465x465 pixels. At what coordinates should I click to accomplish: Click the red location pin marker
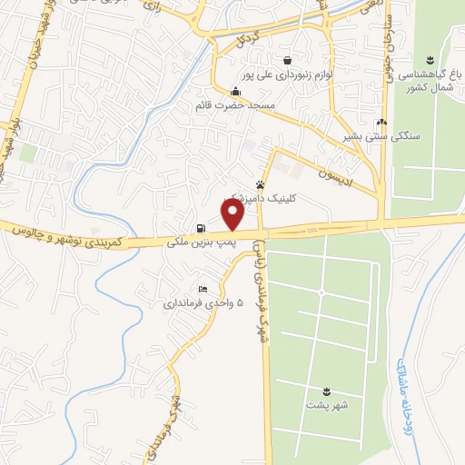point(232,214)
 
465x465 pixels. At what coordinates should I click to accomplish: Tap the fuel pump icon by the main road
point(200,228)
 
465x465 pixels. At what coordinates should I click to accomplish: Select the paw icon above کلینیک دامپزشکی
point(272,183)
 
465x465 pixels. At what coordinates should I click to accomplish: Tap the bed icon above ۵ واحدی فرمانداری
point(203,288)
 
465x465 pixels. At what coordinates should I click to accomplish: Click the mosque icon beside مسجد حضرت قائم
point(236,91)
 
